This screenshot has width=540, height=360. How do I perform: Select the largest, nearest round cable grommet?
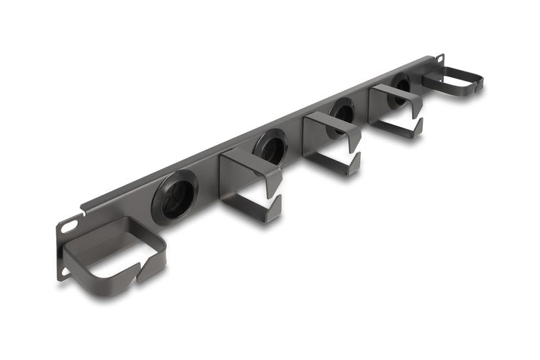coord(175,194)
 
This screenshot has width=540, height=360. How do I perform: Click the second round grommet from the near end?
coord(270,146)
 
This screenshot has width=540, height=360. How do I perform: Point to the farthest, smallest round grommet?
coord(399,89)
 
